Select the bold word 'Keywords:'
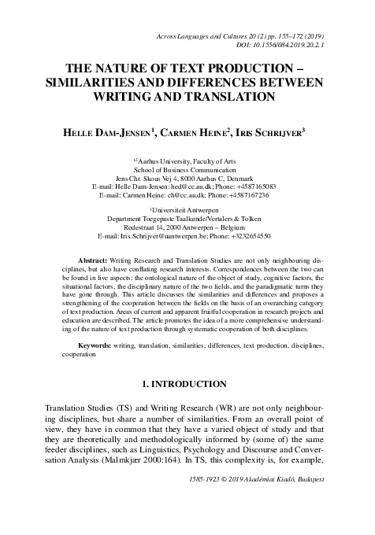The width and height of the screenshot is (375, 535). pos(99,345)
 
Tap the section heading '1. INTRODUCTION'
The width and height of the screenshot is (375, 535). pos(187,385)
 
